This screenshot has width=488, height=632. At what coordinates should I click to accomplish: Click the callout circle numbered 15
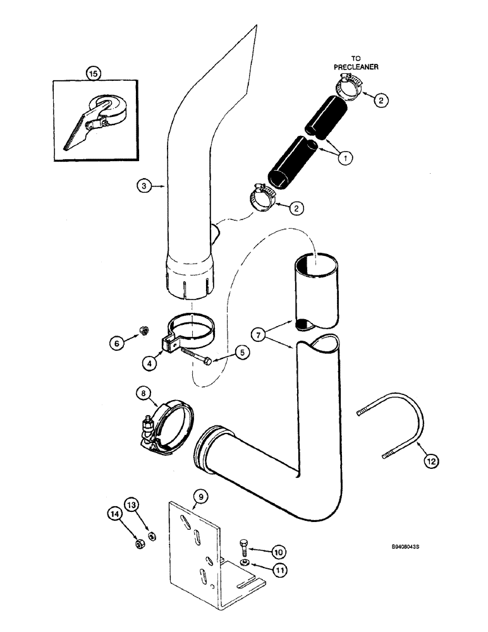(94, 74)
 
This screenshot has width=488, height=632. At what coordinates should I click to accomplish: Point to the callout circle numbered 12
(432, 461)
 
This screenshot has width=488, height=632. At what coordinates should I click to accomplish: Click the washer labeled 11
(245, 561)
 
